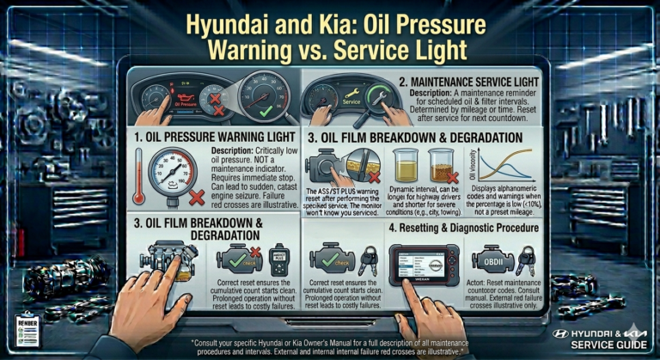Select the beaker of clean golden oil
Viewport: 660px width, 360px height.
[x=406, y=166]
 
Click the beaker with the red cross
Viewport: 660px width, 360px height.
[x=443, y=166]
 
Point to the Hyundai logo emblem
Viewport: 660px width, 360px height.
[x=561, y=332]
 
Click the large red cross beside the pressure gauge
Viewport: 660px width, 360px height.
[x=196, y=198]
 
